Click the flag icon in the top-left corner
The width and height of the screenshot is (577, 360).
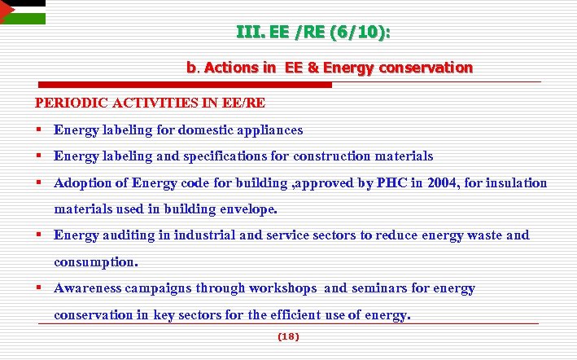[22, 11]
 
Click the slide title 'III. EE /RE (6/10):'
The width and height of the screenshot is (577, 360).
[313, 33]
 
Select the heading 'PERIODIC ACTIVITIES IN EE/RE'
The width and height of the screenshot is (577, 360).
[150, 103]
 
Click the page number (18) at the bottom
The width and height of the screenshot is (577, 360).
[288, 336]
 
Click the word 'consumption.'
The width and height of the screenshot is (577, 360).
[96, 262]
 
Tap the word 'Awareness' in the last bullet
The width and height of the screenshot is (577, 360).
[86, 288]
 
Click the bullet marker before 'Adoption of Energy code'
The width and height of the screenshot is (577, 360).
[39, 182]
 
